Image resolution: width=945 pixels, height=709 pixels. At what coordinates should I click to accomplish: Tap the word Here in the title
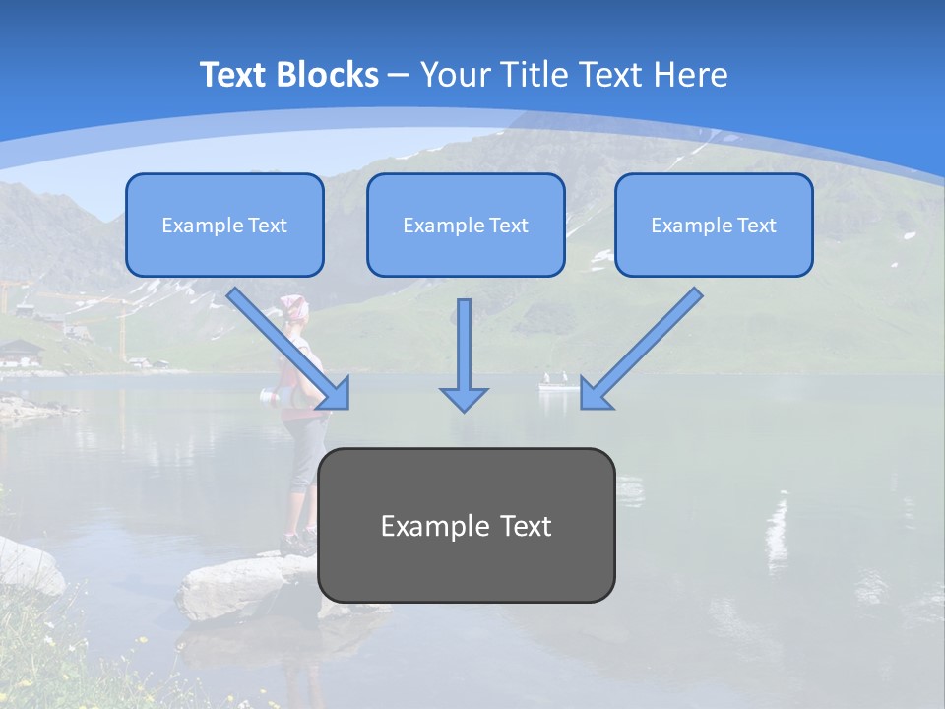688,75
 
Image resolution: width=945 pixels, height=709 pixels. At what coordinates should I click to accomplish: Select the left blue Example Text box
224,225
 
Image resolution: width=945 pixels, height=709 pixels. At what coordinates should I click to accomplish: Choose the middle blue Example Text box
466,225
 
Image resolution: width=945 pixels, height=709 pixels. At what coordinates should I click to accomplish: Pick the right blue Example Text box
714,225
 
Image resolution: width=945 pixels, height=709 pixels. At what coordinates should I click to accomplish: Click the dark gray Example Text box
466,525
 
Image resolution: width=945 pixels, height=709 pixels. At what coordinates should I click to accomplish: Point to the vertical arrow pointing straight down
464,354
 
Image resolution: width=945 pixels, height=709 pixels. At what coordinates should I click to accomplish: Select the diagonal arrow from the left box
288,348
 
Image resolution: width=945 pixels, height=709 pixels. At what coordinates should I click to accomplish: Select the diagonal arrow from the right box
641,349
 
